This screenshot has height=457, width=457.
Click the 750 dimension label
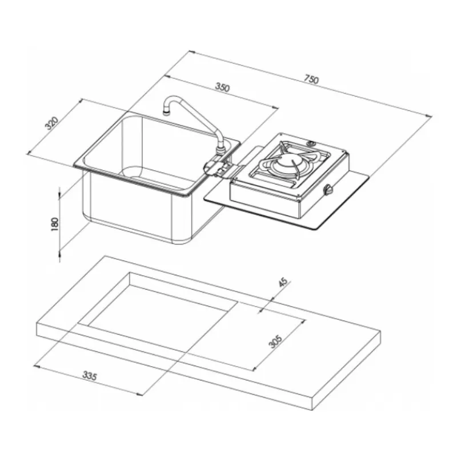pyautogui.click(x=311, y=79)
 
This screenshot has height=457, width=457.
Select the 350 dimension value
pyautogui.click(x=222, y=87)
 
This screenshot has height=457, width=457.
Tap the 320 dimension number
pyautogui.click(x=52, y=123)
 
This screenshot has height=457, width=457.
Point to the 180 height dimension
pyautogui.click(x=55, y=224)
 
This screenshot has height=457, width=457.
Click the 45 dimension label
pyautogui.click(x=283, y=282)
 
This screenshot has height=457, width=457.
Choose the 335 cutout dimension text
pyautogui.click(x=89, y=376)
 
